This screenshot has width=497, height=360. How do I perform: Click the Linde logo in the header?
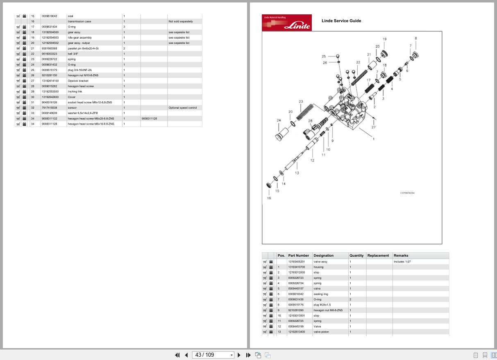[287, 23]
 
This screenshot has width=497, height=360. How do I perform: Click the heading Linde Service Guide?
[341, 21]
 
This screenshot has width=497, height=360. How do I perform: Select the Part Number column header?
[298, 255]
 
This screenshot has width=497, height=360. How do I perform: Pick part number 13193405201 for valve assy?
[296, 262]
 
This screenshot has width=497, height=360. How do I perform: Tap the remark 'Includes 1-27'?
[402, 262]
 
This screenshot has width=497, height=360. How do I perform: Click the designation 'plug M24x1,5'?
[322, 305]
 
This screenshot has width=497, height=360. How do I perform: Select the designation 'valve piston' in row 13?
[321, 332]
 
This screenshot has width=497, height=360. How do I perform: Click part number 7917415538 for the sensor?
[49, 108]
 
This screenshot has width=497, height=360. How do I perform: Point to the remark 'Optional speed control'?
[183, 108]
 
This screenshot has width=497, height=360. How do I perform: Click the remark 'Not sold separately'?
[180, 21]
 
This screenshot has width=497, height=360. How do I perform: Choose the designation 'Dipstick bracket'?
[78, 81]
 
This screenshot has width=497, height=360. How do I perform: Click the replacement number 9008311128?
[150, 118]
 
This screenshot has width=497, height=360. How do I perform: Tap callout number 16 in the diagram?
[269, 198]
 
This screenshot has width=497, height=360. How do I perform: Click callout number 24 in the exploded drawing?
[279, 121]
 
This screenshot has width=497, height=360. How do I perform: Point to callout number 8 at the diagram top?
[416, 39]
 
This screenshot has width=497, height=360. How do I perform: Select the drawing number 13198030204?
[407, 193]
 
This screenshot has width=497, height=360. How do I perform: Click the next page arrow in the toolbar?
[239, 355]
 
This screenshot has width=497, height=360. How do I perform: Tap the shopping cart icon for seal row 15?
[18, 16]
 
